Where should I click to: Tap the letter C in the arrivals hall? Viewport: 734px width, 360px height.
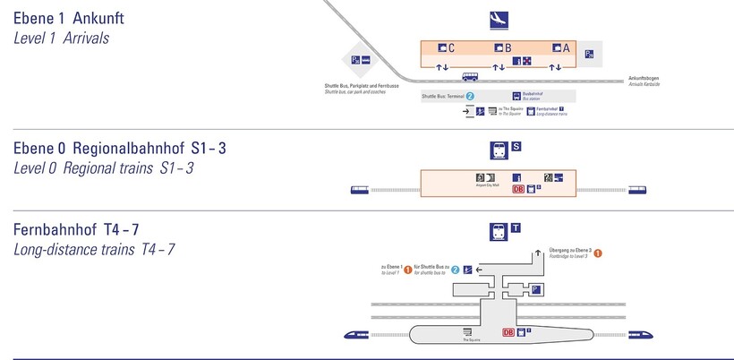point(452,48)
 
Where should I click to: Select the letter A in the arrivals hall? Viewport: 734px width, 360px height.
point(567,48)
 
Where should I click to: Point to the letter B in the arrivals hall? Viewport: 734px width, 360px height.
point(508,48)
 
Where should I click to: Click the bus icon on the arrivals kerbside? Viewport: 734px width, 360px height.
point(470,77)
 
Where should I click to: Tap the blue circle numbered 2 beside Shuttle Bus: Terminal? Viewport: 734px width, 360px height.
point(470,95)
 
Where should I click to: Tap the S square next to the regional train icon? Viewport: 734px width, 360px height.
point(516,147)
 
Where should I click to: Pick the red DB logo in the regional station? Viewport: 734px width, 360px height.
point(517,189)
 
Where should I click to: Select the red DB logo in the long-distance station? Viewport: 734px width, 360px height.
point(509,331)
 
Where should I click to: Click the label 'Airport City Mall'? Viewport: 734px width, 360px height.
point(485,185)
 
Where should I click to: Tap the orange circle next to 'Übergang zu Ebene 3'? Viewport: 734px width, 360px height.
point(598,253)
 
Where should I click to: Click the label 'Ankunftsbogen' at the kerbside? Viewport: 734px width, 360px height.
point(645,75)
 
